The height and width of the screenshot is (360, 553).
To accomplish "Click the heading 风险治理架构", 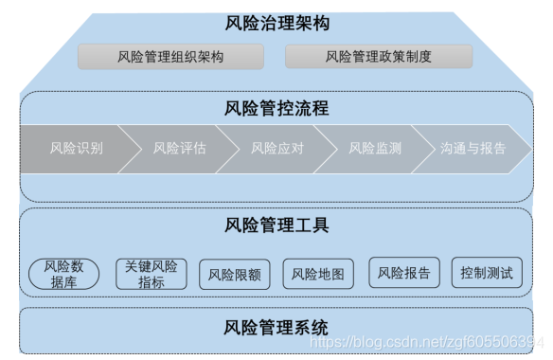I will coord(277,22).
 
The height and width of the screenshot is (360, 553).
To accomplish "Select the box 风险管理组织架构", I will coord(171,57).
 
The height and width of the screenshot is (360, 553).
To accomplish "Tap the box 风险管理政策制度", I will coord(378,57).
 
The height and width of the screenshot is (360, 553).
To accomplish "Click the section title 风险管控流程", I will coord(277,108).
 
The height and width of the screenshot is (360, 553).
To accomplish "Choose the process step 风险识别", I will coord(77,149).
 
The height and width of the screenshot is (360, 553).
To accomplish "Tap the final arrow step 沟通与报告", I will coord(473,149).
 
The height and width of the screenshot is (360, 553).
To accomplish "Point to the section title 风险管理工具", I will coord(277,225).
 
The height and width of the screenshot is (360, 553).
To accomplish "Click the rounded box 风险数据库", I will coord(64,274).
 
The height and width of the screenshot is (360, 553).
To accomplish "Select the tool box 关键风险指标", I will coord(151,274).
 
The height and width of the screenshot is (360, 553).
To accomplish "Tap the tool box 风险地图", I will coord(317,275).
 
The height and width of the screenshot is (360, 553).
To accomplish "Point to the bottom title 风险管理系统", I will coord(277,328).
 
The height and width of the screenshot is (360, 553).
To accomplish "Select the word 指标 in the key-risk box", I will coord(151,282).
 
